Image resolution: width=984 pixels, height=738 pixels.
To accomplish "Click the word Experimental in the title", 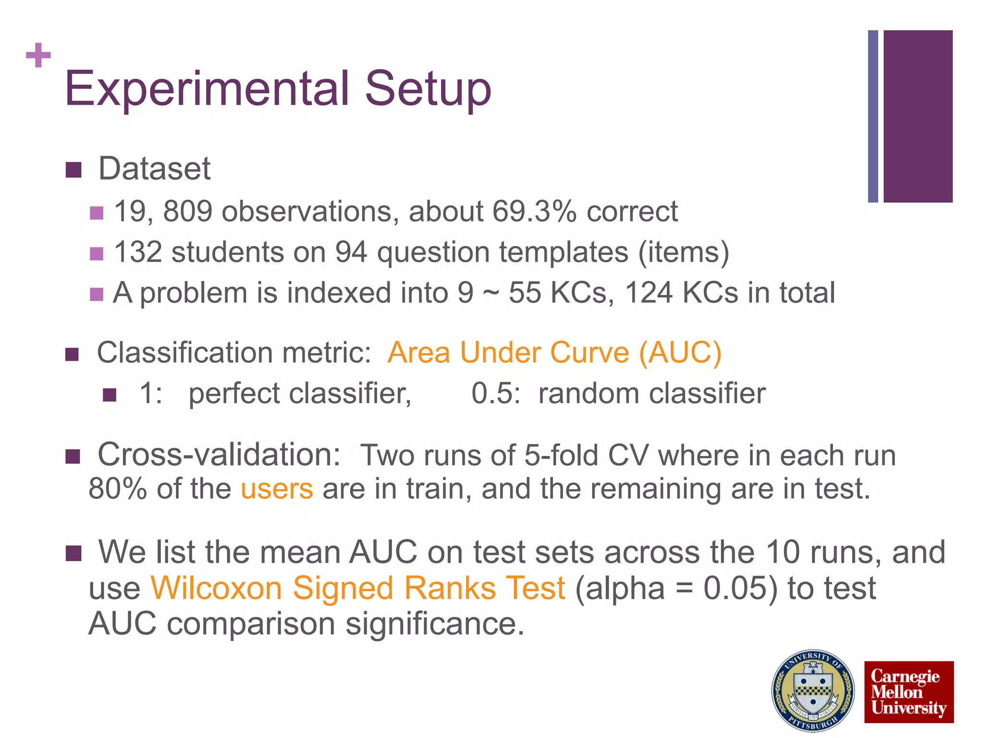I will pyautogui.click(x=207, y=89).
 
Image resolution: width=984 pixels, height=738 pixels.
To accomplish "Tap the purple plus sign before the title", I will pyautogui.click(x=38, y=55).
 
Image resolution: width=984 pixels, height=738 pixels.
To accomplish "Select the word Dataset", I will pyautogui.click(x=154, y=169).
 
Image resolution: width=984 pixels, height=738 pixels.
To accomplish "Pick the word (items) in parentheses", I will pyautogui.click(x=683, y=253).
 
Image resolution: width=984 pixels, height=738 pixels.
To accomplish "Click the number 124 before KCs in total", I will pyautogui.click(x=649, y=293).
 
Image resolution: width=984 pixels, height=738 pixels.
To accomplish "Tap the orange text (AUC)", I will pyautogui.click(x=680, y=353).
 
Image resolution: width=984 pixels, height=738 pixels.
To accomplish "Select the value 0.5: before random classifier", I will pyautogui.click(x=495, y=394).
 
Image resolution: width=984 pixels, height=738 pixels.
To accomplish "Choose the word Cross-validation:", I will pyautogui.click(x=219, y=455).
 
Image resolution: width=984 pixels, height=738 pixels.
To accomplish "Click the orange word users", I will pyautogui.click(x=277, y=489).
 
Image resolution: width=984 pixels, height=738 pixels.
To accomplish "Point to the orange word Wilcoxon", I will pyautogui.click(x=216, y=589).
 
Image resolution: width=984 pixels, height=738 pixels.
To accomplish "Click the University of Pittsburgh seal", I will pyautogui.click(x=813, y=690).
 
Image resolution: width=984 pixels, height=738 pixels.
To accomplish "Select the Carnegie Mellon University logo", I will pyautogui.click(x=909, y=692).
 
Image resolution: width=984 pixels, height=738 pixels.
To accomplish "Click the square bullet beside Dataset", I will pyautogui.click(x=74, y=170).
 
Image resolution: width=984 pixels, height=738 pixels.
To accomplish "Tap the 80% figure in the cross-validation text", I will pyautogui.click(x=118, y=489).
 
